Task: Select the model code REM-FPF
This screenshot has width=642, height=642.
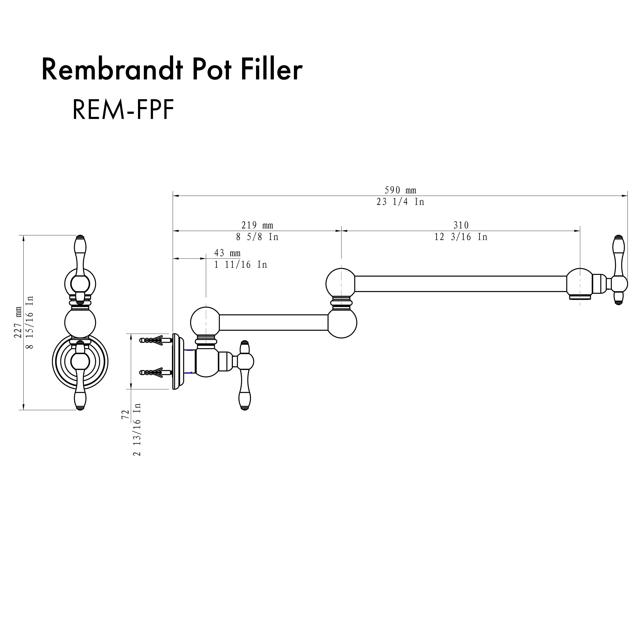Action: click(123, 110)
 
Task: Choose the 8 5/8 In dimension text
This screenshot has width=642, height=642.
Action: click(257, 237)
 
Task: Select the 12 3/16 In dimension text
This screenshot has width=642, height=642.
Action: click(461, 237)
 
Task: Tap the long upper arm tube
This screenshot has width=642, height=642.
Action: click(460, 284)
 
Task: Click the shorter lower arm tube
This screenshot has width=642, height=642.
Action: click(273, 323)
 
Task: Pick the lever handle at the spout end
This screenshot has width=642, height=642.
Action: click(618, 270)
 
